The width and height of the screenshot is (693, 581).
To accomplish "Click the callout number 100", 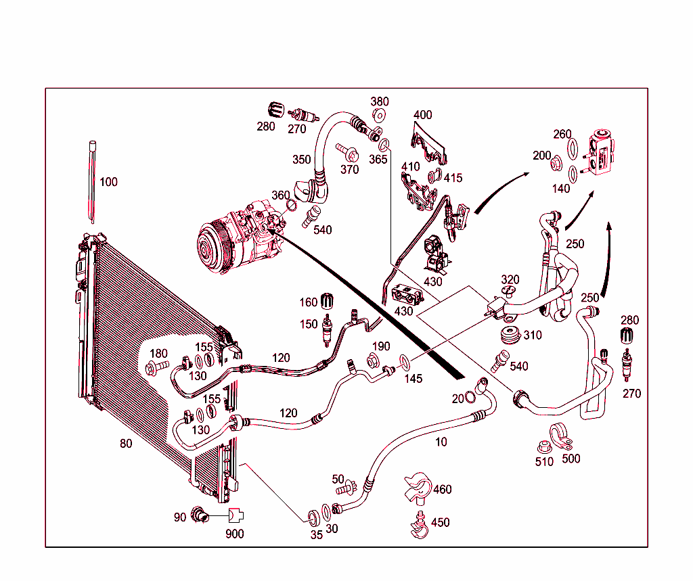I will (x=108, y=182).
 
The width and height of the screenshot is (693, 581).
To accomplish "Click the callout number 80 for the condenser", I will (x=126, y=444).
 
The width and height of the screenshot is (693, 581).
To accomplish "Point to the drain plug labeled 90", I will (x=198, y=515).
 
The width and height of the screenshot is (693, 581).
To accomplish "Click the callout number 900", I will (x=235, y=534).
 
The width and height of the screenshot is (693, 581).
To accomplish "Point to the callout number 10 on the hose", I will (x=441, y=442).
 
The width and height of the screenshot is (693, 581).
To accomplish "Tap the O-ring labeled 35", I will (x=313, y=517).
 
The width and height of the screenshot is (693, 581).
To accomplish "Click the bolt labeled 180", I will (x=155, y=369).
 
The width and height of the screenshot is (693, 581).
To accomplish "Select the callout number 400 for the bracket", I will (x=422, y=115).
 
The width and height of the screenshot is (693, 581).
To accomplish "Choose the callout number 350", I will (x=302, y=160).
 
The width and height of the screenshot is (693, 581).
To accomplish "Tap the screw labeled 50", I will (x=347, y=487).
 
